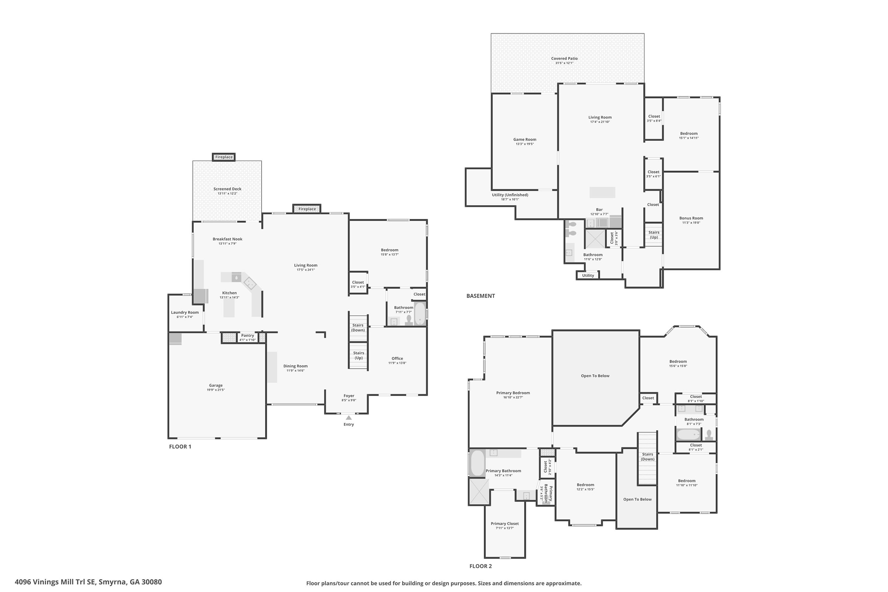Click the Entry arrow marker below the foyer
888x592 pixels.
(349, 418)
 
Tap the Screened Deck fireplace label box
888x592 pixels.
(224, 157)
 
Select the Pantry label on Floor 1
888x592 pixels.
(247, 335)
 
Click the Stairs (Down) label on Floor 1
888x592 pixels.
(358, 327)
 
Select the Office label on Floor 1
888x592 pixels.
(397, 358)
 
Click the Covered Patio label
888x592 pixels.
(564, 59)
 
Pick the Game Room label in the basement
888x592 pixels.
(525, 139)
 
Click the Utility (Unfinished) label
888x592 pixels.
(510, 195)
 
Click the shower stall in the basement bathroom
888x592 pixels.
(595, 239)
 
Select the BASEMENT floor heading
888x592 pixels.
(480, 296)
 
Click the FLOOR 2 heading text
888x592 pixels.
(480, 566)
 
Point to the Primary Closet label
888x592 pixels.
(505, 523)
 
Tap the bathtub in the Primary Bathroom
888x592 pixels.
(477, 463)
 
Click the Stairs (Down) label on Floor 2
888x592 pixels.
(647, 456)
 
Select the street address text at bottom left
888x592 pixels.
(88, 582)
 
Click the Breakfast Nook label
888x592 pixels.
(227, 239)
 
